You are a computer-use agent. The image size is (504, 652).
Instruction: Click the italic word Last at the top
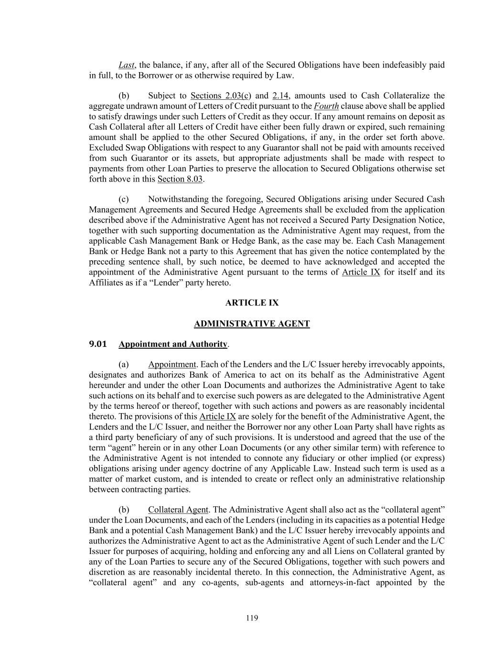(x=126, y=65)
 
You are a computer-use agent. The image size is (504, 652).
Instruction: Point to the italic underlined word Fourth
(x=326, y=106)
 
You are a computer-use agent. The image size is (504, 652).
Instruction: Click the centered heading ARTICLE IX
(x=252, y=303)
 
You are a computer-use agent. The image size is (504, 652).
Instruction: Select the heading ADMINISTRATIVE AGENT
(x=252, y=324)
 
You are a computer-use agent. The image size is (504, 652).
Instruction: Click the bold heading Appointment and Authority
(x=173, y=344)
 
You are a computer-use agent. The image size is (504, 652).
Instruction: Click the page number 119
(x=252, y=619)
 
